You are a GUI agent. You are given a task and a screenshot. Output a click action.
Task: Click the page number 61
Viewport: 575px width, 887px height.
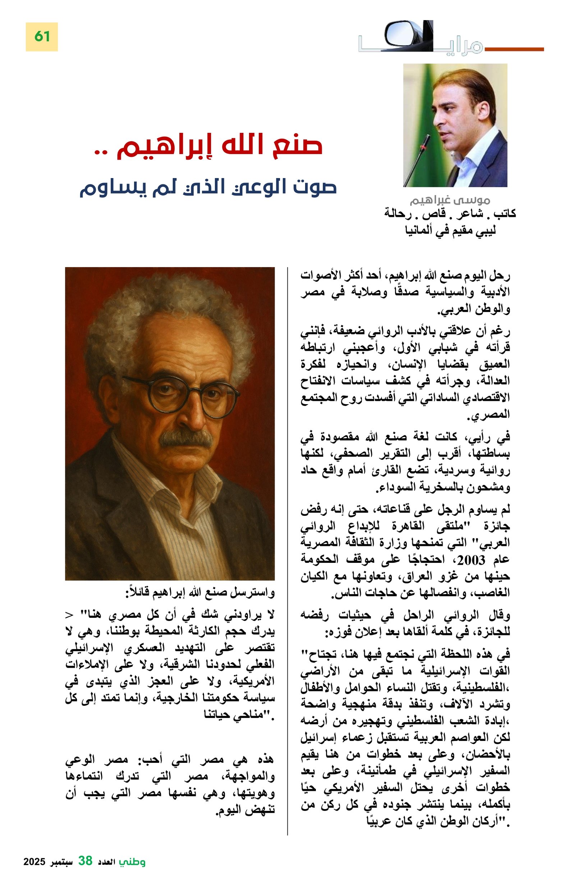pyautogui.click(x=41, y=37)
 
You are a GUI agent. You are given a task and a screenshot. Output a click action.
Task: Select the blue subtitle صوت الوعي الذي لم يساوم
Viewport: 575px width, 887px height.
pyautogui.click(x=208, y=186)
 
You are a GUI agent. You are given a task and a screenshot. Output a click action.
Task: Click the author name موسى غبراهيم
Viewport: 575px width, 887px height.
pyautogui.click(x=449, y=200)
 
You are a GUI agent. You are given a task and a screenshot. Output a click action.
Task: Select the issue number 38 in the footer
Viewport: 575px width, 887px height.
pyautogui.click(x=85, y=861)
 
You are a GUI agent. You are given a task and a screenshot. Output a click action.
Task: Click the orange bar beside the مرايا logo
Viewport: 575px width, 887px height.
pyautogui.click(x=513, y=49)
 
